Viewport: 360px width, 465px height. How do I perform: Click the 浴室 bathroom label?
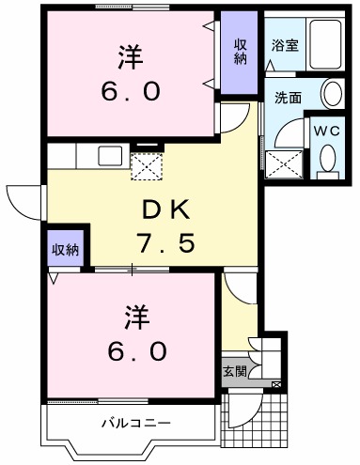pos(285,46)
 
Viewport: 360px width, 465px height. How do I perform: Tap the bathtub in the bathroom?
pos(325,44)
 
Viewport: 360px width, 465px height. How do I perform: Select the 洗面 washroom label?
pos(288,98)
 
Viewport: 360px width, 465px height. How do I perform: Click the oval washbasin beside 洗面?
pos(333,93)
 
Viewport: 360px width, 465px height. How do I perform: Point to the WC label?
pos(327,131)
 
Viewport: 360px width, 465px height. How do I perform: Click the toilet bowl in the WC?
pos(328,158)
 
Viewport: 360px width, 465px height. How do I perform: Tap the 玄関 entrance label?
pos(235,371)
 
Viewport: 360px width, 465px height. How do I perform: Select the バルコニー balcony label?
pos(136,423)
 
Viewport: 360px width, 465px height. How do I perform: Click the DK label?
pos(166,210)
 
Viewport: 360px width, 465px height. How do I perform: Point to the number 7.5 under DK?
pos(166,242)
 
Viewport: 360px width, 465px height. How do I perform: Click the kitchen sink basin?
pos(110,156)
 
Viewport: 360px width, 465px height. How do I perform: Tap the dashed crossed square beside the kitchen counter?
pos(147,166)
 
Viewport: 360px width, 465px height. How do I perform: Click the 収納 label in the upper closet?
pos(241,52)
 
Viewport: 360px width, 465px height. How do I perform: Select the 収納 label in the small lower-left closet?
pos(65,250)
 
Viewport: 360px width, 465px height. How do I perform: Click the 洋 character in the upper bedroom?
pos(131,57)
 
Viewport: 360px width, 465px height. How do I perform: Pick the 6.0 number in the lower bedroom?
pos(137,350)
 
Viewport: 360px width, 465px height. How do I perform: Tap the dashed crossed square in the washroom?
pos(284,164)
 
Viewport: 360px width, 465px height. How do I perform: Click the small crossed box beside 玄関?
pos(276,384)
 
